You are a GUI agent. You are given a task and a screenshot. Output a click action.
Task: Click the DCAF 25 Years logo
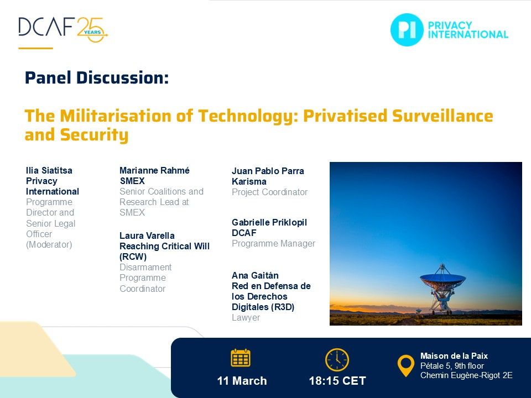63,29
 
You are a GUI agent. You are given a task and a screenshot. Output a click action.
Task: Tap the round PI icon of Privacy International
407,30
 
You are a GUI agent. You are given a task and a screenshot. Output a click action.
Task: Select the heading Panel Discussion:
97,78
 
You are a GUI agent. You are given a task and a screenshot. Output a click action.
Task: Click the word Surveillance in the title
442,116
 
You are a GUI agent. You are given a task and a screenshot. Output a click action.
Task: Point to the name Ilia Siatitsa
49,170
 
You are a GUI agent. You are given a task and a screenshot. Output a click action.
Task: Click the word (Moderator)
49,244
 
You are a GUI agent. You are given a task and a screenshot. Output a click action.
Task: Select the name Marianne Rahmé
154,170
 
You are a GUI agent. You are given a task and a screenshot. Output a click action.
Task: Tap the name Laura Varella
147,235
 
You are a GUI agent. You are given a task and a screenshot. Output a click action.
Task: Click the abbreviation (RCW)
133,256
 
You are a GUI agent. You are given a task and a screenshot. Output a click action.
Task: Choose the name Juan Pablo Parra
268,171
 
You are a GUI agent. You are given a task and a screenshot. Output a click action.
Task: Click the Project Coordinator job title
269,192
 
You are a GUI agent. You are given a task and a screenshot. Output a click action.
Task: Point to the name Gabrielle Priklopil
269,222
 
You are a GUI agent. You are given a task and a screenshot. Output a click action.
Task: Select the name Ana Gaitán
255,275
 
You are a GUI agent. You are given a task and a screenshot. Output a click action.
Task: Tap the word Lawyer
246,317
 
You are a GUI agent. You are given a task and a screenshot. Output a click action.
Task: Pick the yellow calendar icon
241,358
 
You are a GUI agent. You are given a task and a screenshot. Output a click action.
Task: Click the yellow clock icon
337,360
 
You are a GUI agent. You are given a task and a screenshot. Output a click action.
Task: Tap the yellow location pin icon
405,365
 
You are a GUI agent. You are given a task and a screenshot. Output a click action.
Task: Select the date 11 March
242,381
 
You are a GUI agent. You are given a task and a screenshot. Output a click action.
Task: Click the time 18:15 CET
337,381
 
